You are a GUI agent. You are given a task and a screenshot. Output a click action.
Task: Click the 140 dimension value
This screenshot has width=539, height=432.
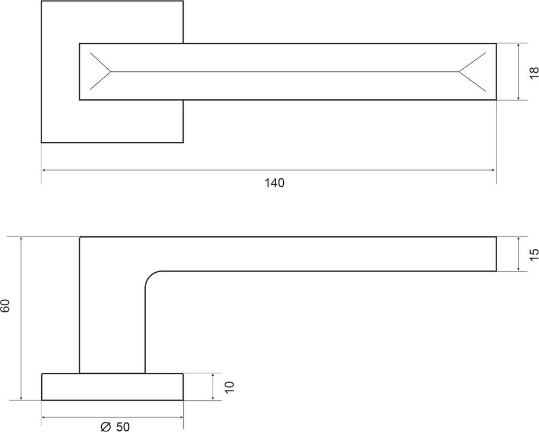pyautogui.click(x=274, y=182)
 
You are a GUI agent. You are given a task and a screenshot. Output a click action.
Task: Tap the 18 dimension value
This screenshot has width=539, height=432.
pyautogui.click(x=534, y=73)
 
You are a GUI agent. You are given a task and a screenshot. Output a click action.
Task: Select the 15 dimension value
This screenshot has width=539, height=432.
pyautogui.click(x=534, y=254)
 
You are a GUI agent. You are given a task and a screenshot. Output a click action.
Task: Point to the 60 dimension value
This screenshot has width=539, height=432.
pyautogui.click(x=5, y=306)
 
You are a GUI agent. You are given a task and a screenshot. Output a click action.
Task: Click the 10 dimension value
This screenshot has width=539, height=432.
pyautogui.click(x=229, y=387)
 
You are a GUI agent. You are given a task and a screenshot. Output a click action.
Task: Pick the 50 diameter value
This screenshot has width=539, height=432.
pyautogui.click(x=123, y=427)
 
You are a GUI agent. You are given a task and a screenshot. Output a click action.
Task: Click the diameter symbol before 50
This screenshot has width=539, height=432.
pyautogui.click(x=106, y=427)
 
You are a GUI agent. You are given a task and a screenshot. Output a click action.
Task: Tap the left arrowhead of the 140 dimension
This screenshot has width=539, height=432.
pyautogui.click(x=44, y=170)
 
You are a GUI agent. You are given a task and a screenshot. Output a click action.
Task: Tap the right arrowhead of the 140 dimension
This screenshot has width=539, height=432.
pyautogui.click(x=493, y=170)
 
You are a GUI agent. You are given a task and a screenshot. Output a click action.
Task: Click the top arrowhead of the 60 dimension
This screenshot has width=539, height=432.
pyautogui.click(x=22, y=239)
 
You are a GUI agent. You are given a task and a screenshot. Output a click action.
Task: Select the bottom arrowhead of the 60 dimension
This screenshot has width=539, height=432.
pyautogui.click(x=22, y=397)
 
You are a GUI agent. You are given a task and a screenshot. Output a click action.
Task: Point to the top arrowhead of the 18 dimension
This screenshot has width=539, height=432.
pyautogui.click(x=518, y=46)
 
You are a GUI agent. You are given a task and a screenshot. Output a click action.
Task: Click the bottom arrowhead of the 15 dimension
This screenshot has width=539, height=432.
pyautogui.click(x=518, y=269)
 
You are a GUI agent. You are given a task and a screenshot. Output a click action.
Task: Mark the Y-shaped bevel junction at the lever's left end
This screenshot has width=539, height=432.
pyautogui.click(x=111, y=72)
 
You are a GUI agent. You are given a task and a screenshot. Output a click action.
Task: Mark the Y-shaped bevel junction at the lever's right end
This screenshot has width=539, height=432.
pyautogui.click(x=459, y=72)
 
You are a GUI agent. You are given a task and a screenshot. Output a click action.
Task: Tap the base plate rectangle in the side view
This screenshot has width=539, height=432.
pyautogui.click(x=113, y=387)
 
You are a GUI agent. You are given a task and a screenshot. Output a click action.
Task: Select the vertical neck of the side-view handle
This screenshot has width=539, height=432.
pyautogui.click(x=113, y=322)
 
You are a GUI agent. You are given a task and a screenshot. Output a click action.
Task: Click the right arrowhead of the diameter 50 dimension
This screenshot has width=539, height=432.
pyautogui.click(x=181, y=418)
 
